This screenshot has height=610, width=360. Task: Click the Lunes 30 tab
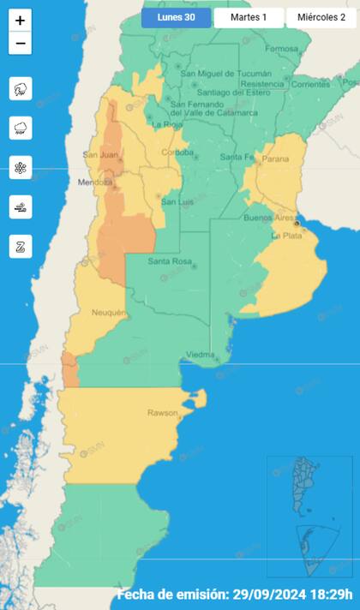(x=176, y=17)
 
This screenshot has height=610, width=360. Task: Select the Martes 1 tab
(x=249, y=17)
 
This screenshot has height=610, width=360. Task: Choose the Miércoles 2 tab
(x=322, y=17)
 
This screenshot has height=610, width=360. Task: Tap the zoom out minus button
(x=21, y=43)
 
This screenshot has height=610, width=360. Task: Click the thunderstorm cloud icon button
(x=21, y=88)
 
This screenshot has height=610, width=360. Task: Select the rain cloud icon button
(x=21, y=128)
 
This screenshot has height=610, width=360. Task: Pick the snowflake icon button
(x=21, y=167)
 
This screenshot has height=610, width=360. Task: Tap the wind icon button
(x=21, y=206)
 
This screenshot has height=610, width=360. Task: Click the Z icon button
(x=21, y=246)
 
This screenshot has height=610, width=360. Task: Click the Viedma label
(x=200, y=354)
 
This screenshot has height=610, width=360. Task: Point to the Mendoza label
(x=96, y=182)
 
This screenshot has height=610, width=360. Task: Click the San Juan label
(x=99, y=155)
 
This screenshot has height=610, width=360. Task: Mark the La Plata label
(x=287, y=236)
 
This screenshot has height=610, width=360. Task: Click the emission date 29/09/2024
(x=279, y=595)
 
